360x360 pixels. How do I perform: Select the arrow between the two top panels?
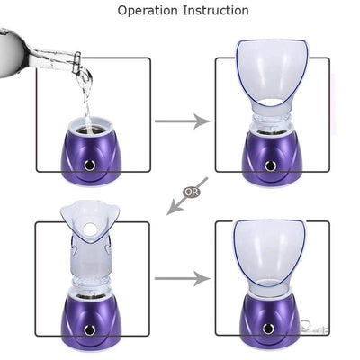tap(183, 119)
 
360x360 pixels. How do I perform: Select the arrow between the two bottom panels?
tap(183, 279)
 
